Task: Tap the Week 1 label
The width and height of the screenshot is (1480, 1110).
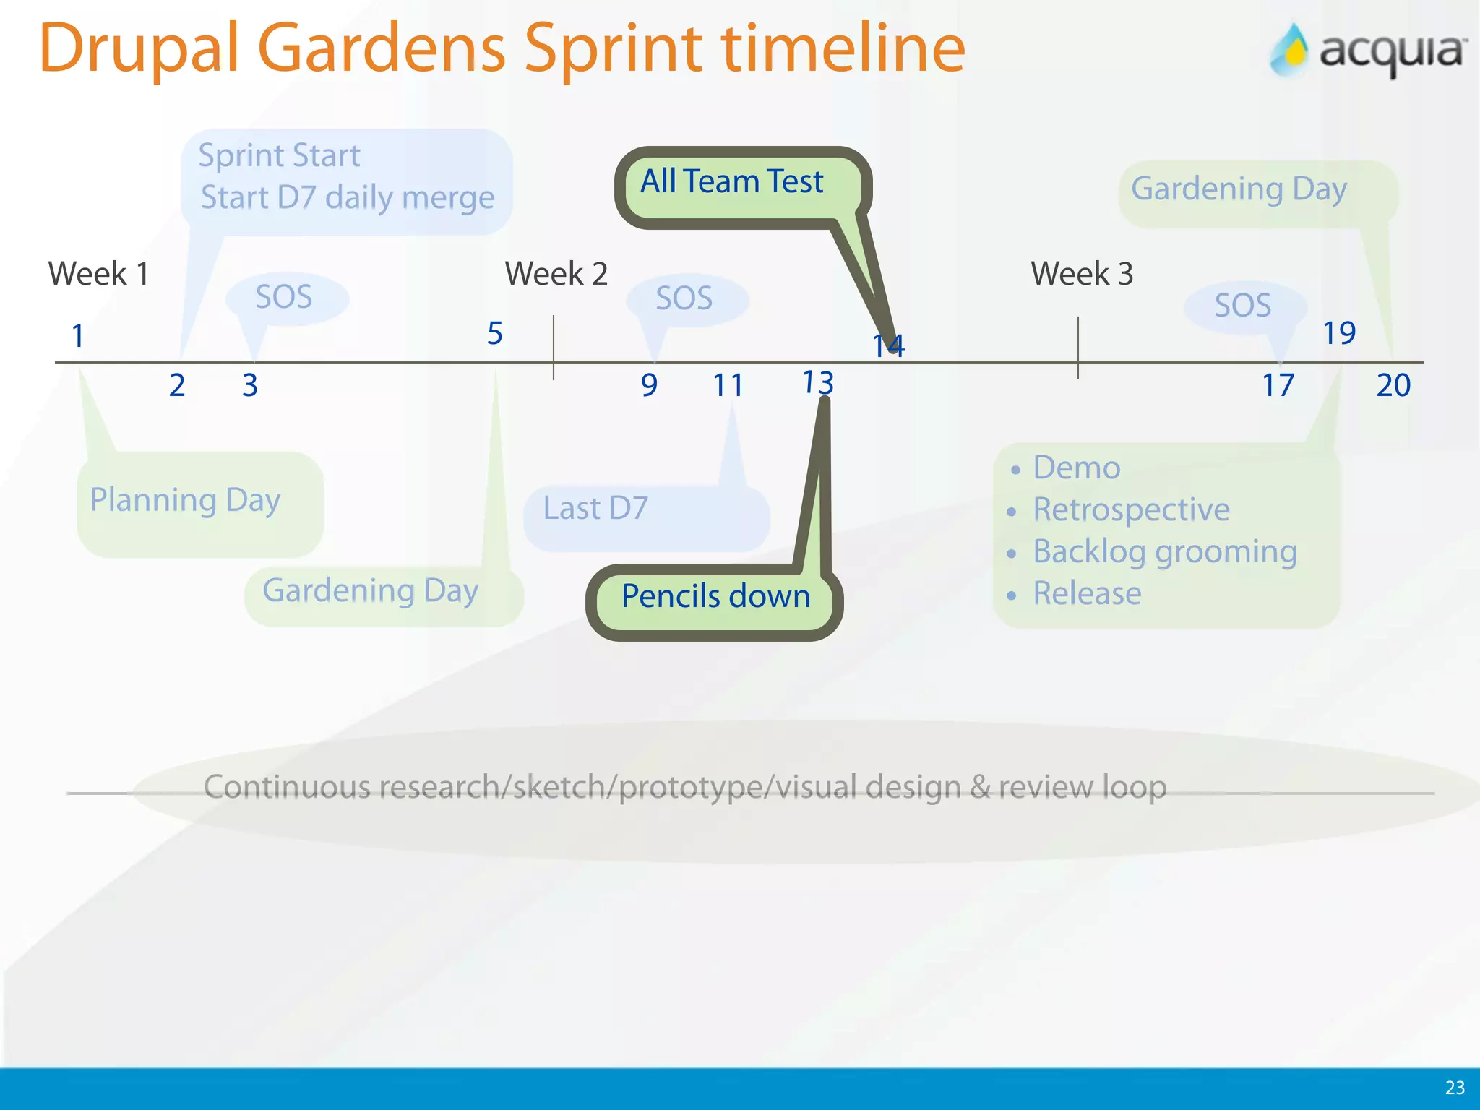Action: (x=98, y=274)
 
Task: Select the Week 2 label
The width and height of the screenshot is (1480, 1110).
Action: (x=556, y=274)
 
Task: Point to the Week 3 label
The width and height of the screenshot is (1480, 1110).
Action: (x=1081, y=274)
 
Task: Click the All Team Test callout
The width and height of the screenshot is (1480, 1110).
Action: (x=731, y=182)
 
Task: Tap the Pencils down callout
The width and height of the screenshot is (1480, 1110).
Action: (x=715, y=597)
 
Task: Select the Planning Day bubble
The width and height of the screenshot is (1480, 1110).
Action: (x=185, y=500)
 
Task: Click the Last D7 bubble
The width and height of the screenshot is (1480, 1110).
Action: (x=595, y=509)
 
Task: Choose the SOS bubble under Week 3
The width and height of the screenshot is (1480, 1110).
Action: (x=1242, y=306)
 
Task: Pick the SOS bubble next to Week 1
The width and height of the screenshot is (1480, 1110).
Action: (x=284, y=297)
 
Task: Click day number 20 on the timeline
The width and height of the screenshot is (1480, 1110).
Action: (x=1393, y=385)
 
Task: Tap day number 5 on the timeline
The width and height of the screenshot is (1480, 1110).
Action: (x=494, y=334)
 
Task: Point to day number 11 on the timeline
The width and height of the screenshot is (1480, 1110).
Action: (x=728, y=385)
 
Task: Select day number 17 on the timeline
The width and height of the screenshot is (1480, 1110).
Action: (x=1278, y=385)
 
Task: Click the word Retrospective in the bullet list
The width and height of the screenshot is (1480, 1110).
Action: (x=1131, y=509)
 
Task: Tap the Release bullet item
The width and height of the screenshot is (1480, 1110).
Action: (x=1087, y=593)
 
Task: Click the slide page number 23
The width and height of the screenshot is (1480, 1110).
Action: (x=1455, y=1088)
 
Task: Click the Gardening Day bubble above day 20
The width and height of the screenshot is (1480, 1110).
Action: (x=1239, y=189)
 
